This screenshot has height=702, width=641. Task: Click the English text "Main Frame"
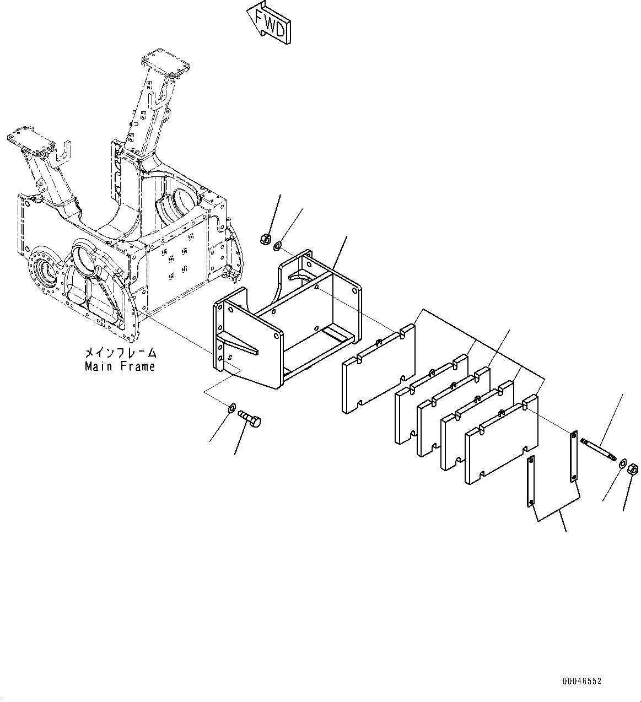click(x=120, y=366)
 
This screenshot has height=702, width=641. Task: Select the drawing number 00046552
click(x=582, y=682)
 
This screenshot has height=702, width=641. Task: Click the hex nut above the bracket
click(x=263, y=239)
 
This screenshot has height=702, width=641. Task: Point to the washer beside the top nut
click(x=278, y=245)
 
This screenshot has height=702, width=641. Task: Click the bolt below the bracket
click(x=251, y=418)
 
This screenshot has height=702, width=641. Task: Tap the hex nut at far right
click(x=633, y=469)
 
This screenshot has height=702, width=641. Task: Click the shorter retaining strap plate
click(x=530, y=480)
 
